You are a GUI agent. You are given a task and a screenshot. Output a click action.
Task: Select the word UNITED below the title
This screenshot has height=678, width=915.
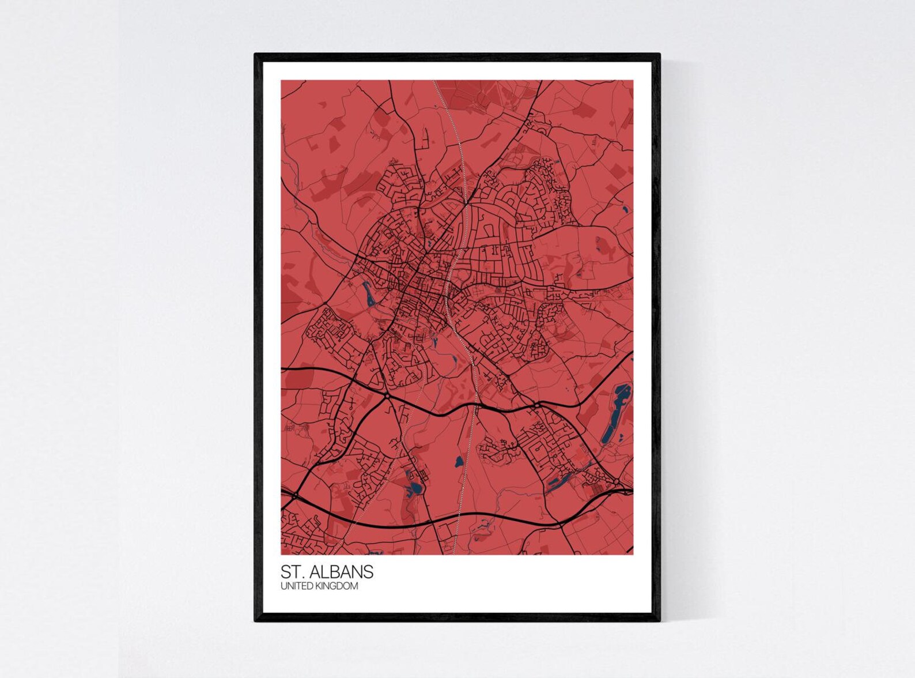coord(294,586)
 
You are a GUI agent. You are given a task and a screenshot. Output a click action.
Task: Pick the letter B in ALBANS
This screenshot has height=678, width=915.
coord(336,572)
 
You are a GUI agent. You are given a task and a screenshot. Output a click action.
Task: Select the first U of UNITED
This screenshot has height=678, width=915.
coord(283,586)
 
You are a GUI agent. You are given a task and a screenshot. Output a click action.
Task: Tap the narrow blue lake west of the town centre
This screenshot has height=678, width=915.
coord(368,293)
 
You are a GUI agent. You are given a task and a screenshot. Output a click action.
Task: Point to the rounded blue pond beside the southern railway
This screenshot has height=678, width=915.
coord(459,461)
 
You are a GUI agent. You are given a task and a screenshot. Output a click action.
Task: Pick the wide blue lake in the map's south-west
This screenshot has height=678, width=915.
coord(414,489)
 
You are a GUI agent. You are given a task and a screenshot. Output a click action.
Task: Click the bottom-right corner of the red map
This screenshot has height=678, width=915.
coord(633,554)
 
